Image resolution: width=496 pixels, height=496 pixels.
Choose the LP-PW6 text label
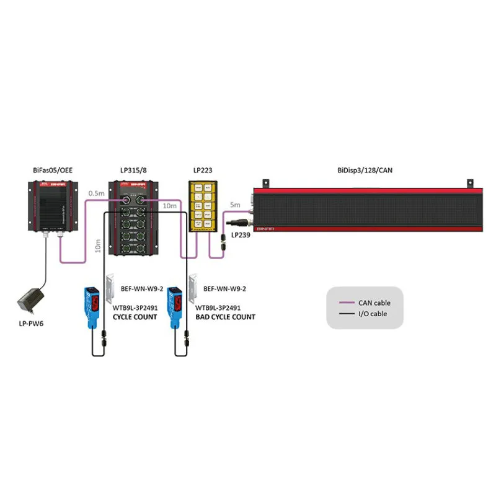click(32, 323)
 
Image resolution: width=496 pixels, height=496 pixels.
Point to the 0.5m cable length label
click(96, 192)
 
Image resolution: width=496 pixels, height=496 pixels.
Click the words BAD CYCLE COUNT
click(225, 317)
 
